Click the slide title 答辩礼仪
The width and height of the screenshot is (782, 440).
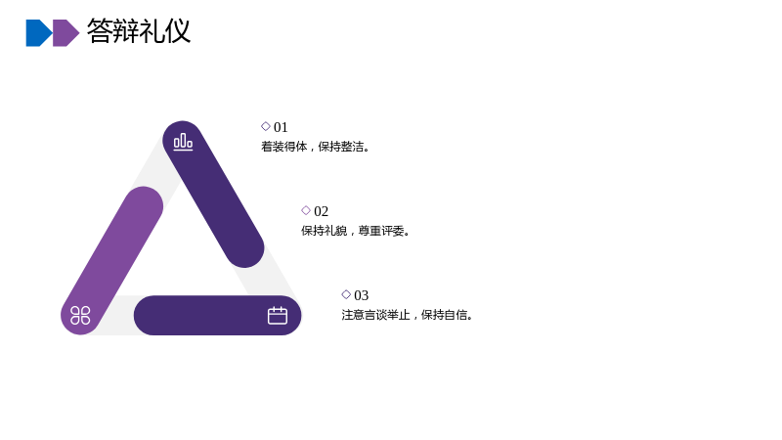[139, 31]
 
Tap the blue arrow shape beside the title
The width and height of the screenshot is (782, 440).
[39, 33]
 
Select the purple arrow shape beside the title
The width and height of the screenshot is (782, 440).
[65, 33]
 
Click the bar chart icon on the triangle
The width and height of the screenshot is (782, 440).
[183, 142]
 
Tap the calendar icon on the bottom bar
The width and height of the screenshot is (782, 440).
[278, 315]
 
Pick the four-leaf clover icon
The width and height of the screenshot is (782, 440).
[80, 315]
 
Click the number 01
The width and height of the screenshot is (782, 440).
[281, 127]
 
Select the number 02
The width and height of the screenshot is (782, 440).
[322, 211]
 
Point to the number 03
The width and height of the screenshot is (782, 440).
[361, 295]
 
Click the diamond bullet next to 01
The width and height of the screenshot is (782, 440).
[266, 126]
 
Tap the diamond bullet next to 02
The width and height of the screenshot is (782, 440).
[306, 210]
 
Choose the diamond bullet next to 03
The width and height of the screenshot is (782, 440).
[346, 294]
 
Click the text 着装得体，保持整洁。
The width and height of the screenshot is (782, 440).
[316, 147]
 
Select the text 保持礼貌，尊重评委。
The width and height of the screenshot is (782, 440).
[356, 231]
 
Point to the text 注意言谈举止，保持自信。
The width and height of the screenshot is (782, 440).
[408, 315]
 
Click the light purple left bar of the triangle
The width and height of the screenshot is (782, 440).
[111, 260]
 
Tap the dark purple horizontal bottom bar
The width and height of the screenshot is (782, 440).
[217, 315]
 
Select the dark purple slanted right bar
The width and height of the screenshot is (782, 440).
[213, 194]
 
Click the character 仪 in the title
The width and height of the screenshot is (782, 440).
[178, 31]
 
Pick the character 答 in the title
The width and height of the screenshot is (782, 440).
[100, 31]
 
